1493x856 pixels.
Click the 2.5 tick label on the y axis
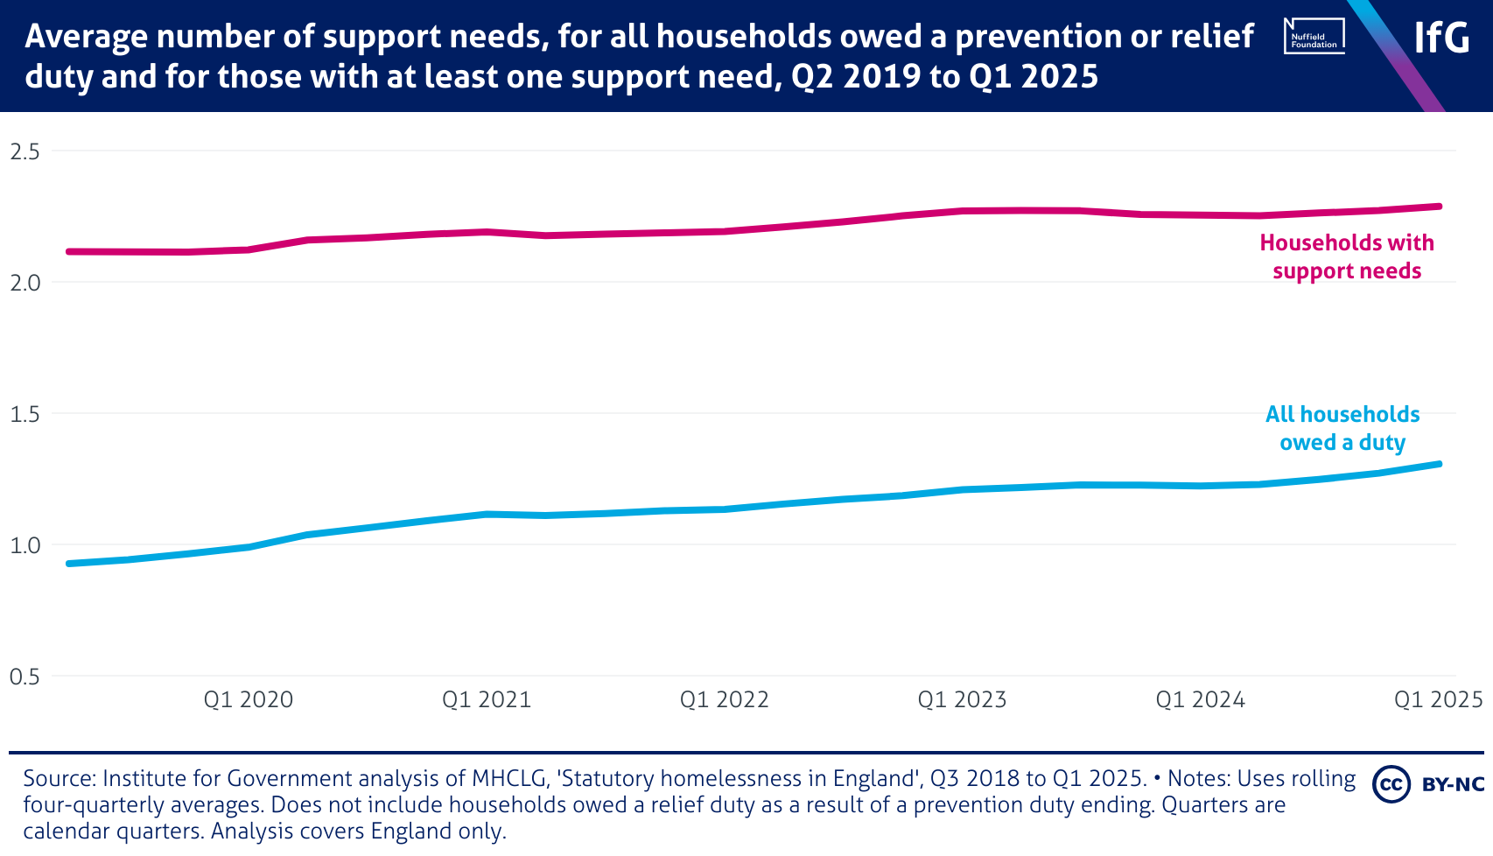coord(25,151)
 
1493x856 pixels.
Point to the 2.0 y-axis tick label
coord(25,283)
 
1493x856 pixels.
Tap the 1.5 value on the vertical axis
coord(25,414)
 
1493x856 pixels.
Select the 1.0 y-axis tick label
coord(25,545)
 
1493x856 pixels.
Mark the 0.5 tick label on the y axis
coord(25,677)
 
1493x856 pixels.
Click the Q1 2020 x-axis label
coord(249,700)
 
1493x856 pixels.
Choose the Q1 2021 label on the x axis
coord(487,700)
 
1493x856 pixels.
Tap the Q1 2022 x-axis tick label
coord(725,700)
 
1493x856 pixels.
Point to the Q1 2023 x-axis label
coord(963,700)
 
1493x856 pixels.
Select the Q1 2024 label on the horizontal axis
coord(1201,700)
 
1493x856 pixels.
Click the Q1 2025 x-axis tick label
coord(1438,700)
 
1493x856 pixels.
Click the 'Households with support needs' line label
coord(1347,256)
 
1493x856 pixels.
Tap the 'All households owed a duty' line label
coord(1342,428)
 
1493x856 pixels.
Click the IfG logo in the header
coord(1441,38)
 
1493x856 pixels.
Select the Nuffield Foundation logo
coord(1314,37)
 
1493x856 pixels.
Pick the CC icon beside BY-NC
coord(1391,784)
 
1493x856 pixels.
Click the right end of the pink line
coord(1439,207)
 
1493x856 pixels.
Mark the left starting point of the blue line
coord(69,564)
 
